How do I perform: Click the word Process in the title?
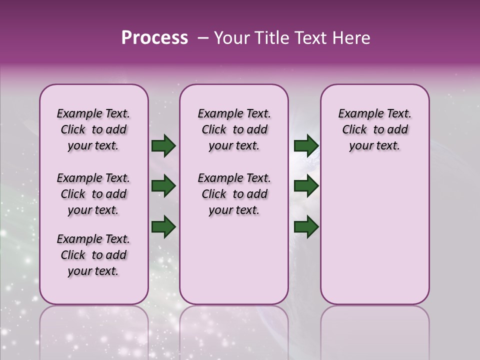(x=154, y=38)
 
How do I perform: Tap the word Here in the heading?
(x=350, y=38)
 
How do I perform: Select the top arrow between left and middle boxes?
(x=163, y=146)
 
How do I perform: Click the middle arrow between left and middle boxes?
(x=163, y=186)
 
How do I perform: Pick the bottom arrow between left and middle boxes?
(x=163, y=227)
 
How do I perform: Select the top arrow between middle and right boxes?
(x=306, y=146)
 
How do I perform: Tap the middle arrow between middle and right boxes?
(x=306, y=186)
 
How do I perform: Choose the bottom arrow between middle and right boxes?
(x=306, y=227)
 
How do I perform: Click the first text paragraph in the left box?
(x=93, y=129)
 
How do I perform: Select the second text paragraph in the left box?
(x=93, y=194)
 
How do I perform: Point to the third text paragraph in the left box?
(x=93, y=255)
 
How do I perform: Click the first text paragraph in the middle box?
(x=234, y=129)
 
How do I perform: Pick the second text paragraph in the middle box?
(x=234, y=194)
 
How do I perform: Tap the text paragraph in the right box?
(x=374, y=129)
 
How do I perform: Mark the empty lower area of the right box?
(x=374, y=235)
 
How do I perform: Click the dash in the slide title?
(x=203, y=38)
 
